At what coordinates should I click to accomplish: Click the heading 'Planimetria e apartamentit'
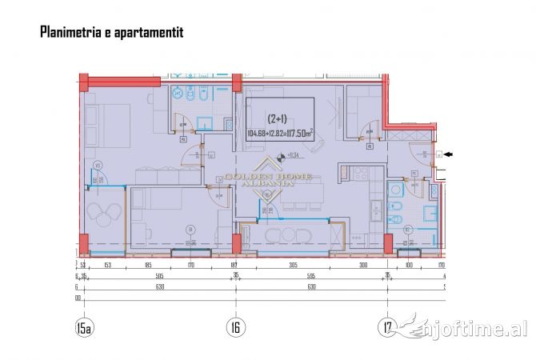111,33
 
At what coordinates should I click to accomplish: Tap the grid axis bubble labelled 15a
85,327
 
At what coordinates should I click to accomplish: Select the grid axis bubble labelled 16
236,327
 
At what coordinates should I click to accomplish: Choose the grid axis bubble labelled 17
387,327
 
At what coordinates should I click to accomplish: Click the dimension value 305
293,265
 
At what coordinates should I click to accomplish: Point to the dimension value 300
362,265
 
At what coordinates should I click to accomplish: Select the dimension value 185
148,265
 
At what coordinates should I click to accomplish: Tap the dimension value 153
107,265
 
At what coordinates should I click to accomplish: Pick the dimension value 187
234,265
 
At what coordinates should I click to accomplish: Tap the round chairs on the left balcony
103,211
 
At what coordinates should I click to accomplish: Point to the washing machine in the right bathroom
394,189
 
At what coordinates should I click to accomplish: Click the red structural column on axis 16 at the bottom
236,242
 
